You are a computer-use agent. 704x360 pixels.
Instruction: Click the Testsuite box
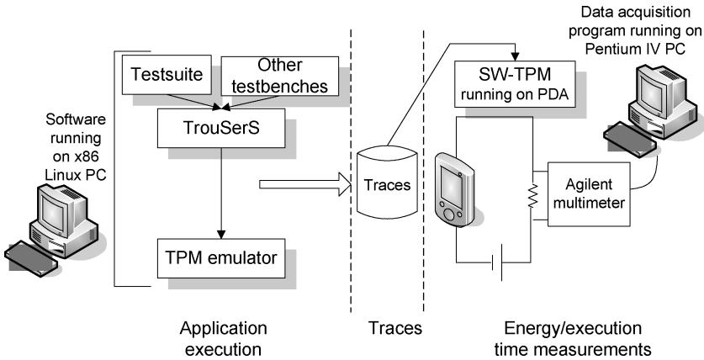tap(167, 75)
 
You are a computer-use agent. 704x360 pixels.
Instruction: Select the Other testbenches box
tap(280, 76)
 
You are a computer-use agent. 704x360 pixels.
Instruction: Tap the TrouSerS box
tap(221, 128)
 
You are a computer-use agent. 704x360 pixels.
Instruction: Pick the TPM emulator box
tap(221, 258)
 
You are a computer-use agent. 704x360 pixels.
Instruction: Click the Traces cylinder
tap(387, 183)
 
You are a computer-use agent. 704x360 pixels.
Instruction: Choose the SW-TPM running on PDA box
tap(515, 84)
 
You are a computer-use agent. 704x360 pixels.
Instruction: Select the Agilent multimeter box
tap(589, 193)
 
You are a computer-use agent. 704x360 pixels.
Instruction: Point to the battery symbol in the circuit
tap(497, 262)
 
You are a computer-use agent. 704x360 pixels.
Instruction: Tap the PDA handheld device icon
tap(454, 190)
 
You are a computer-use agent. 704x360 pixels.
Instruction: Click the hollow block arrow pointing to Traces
tap(305, 184)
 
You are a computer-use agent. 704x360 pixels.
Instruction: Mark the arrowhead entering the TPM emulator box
tap(221, 235)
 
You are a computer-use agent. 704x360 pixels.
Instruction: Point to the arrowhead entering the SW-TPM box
tap(515, 57)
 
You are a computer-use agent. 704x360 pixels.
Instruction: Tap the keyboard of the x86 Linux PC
tap(30, 258)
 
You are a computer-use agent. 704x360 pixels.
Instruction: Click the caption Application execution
tap(223, 338)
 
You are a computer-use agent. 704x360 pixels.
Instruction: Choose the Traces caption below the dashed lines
tap(395, 328)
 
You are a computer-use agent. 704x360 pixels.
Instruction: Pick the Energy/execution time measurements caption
tap(573, 338)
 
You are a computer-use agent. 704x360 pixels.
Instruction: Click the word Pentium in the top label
tap(612, 48)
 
